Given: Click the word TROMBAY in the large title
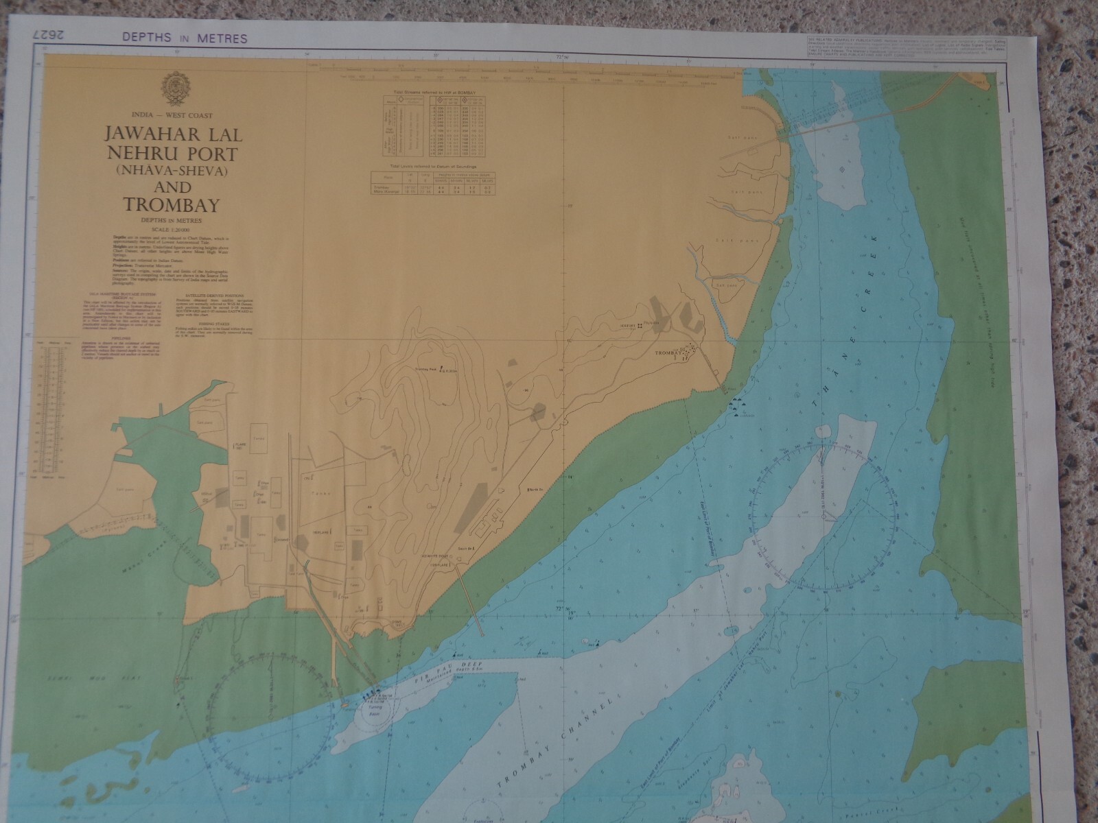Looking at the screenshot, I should pyautogui.click(x=171, y=205).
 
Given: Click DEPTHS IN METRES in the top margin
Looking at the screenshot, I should pyautogui.click(x=185, y=38).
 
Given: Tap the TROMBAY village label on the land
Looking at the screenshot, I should pyautogui.click(x=670, y=353).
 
